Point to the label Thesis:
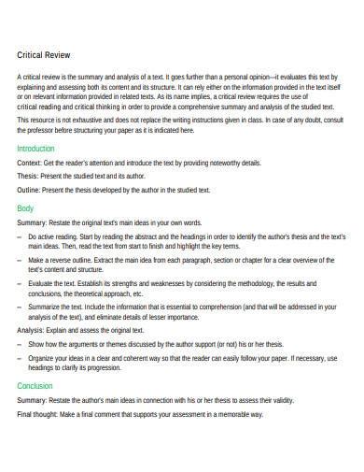(x=29, y=177)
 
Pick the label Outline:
(x=30, y=190)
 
